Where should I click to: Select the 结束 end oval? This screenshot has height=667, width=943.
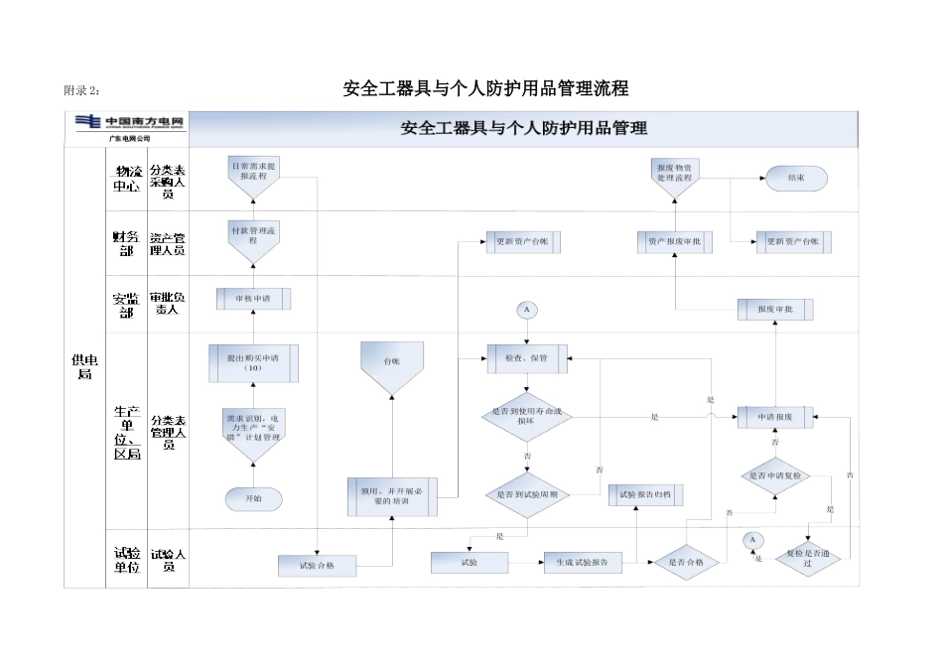point(795,178)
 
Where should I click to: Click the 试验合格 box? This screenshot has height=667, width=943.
point(317,565)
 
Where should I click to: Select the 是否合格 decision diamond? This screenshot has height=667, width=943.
point(686,563)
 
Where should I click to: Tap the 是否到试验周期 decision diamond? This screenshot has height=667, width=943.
point(527,493)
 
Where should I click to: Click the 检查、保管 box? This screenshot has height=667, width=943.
point(527,357)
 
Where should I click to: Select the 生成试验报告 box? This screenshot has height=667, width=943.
point(583,563)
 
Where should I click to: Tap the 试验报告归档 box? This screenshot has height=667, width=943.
point(645,493)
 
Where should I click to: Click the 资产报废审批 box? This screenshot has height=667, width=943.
point(674,241)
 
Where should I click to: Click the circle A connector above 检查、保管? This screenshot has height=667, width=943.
point(527,310)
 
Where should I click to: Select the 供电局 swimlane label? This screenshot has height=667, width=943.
point(84,367)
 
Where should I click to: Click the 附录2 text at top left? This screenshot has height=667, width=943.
point(82,91)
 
